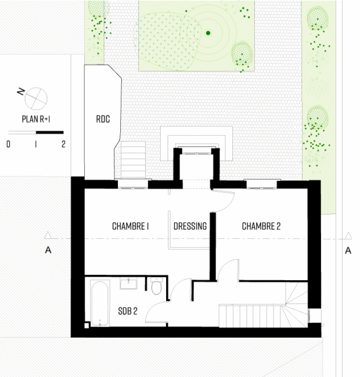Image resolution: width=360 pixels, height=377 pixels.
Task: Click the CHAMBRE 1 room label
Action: [x=130, y=226]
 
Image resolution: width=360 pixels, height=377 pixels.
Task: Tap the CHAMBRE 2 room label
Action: [x=261, y=226]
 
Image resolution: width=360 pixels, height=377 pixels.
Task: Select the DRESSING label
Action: [x=190, y=226]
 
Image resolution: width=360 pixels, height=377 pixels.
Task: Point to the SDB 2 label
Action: [x=128, y=311]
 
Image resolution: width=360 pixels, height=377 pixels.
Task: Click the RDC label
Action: [x=103, y=119]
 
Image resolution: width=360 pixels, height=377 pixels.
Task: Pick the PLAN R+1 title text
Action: [x=36, y=119]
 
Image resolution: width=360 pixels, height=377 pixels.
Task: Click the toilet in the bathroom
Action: [x=156, y=286]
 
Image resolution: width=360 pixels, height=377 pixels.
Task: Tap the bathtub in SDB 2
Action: [x=100, y=303]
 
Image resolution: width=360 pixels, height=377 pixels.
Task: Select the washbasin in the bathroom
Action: [x=128, y=283]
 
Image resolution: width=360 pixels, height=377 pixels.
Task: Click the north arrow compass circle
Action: [x=36, y=99]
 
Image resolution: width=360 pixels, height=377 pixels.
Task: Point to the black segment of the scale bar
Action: [x=50, y=132]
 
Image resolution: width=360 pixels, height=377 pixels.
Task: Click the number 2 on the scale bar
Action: [x=63, y=144]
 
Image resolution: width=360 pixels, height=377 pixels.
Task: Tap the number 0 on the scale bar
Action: [x=9, y=144]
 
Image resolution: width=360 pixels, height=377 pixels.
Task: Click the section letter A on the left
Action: [x=48, y=251]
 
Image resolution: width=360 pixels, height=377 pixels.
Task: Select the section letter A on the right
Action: [x=348, y=251]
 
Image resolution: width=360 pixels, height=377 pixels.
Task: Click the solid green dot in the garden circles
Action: [x=208, y=33]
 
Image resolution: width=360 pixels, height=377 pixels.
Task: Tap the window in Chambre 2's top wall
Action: [x=261, y=184]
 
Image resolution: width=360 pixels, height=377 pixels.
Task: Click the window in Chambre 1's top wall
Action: [x=132, y=184]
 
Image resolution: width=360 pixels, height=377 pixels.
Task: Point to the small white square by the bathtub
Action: [x=87, y=325]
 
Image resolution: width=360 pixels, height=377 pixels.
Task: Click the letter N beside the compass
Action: [x=21, y=92]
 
